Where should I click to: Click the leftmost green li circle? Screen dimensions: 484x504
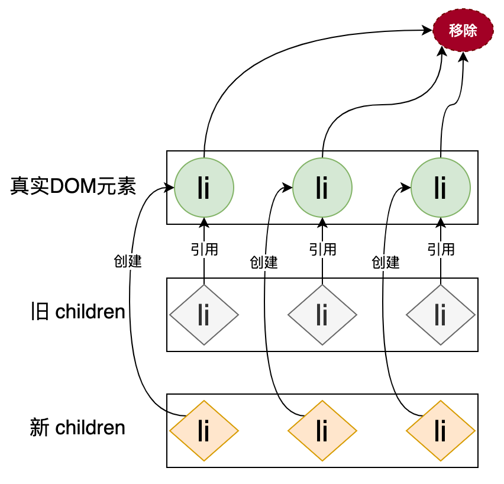click(x=204, y=188)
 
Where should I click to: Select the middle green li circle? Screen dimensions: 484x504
click(x=322, y=188)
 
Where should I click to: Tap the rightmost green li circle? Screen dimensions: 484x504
click(x=441, y=188)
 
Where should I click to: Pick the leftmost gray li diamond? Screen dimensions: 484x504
click(x=204, y=315)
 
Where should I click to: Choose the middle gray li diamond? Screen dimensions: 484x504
click(x=322, y=315)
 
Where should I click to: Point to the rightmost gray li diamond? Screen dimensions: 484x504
click(x=441, y=315)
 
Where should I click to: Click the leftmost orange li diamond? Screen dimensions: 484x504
click(x=204, y=430)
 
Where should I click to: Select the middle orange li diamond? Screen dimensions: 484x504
click(x=322, y=430)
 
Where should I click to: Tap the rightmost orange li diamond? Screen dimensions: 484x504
click(x=441, y=430)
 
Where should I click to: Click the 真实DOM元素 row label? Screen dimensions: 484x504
click(x=73, y=187)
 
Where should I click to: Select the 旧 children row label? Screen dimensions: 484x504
click(x=77, y=312)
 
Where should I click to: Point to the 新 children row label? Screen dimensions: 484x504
click(x=77, y=427)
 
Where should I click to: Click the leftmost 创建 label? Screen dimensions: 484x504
click(x=128, y=261)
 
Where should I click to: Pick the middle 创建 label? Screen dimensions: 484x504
click(x=264, y=262)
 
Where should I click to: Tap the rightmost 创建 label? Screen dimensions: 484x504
click(x=386, y=262)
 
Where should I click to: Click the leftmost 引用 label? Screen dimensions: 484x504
click(x=204, y=249)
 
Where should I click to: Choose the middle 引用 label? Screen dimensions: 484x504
click(x=322, y=249)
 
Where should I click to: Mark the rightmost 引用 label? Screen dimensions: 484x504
click(x=441, y=249)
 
